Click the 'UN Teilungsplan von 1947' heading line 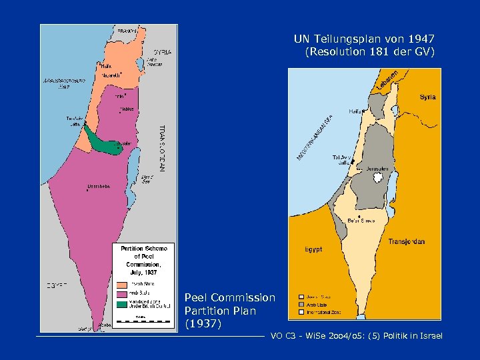364,39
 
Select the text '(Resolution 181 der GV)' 369,52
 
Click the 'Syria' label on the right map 427,97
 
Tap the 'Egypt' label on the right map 313,249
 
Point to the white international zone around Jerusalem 378,177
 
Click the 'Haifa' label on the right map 353,111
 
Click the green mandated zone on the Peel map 103,143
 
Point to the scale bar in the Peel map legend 142,322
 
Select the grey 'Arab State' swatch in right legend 301,304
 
